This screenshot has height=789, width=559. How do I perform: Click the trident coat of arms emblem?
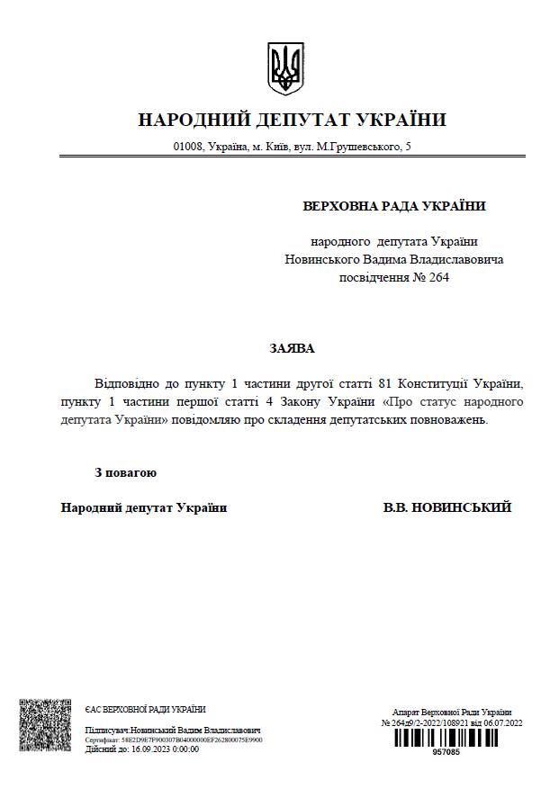pyautogui.click(x=286, y=67)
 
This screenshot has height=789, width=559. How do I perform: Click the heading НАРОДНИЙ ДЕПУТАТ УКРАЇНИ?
pyautogui.click(x=293, y=120)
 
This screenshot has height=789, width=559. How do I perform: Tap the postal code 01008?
pyautogui.click(x=187, y=146)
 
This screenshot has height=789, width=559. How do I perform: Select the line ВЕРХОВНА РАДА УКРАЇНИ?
pyautogui.click(x=394, y=206)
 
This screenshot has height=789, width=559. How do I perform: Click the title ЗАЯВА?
pyautogui.click(x=292, y=348)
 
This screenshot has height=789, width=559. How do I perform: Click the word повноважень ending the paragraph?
pyautogui.click(x=444, y=419)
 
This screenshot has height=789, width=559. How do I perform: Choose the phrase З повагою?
pyautogui.click(x=126, y=472)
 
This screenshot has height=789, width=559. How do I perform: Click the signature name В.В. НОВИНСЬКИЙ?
pyautogui.click(x=447, y=507)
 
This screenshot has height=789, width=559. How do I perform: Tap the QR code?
pyautogui.click(x=45, y=725)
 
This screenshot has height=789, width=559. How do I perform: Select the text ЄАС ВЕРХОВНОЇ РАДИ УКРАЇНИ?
pyautogui.click(x=145, y=710)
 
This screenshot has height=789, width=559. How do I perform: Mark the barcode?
pyautogui.click(x=445, y=738)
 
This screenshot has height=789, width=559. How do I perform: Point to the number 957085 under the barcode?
pyautogui.click(x=446, y=752)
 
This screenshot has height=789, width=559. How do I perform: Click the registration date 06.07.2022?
pyautogui.click(x=502, y=722)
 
